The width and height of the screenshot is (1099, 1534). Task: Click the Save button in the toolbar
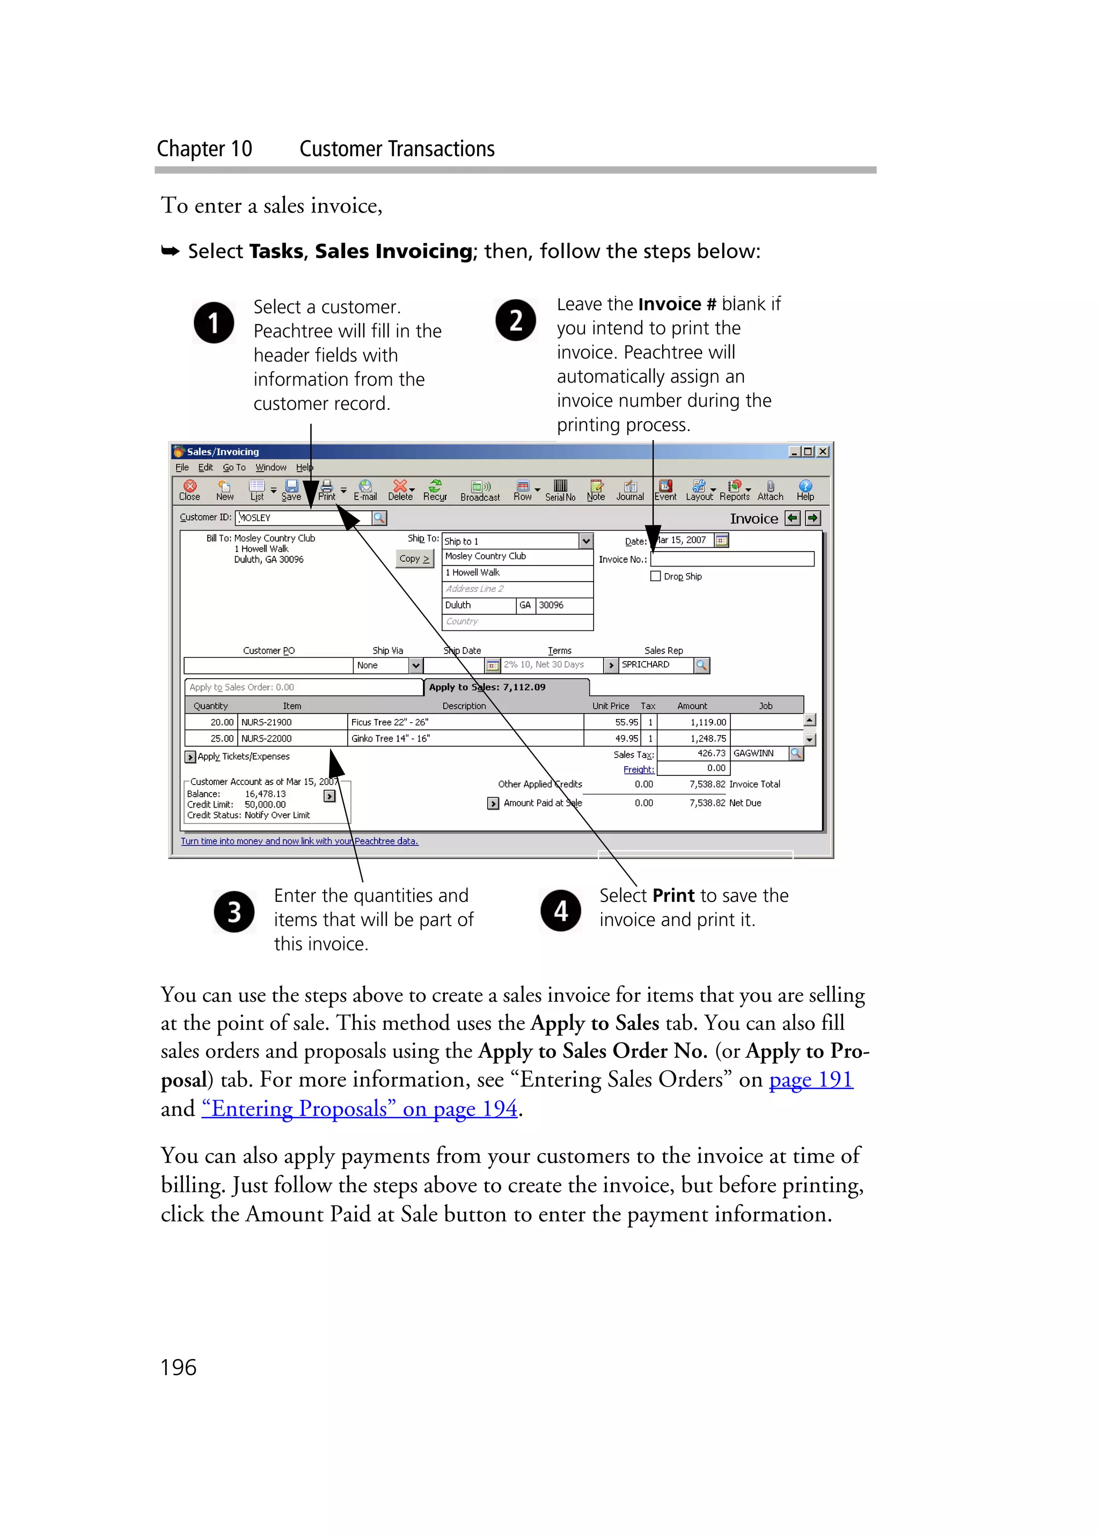click(291, 490)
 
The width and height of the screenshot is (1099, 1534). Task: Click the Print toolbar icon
click(327, 490)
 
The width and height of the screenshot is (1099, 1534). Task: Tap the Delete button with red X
click(400, 490)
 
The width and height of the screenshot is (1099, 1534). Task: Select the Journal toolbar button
click(629, 490)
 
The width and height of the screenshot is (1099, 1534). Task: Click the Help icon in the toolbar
click(805, 490)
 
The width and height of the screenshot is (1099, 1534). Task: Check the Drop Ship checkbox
click(655, 576)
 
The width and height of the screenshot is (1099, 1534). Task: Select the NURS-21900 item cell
click(292, 722)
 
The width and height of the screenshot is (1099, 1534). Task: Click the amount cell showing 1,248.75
click(694, 739)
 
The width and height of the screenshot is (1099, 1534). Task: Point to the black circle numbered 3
click(234, 912)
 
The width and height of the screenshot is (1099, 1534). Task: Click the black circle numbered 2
click(515, 321)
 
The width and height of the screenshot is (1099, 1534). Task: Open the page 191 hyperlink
click(811, 1080)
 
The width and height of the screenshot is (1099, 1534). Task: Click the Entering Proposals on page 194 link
click(359, 1109)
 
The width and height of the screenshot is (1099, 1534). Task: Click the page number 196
click(179, 1368)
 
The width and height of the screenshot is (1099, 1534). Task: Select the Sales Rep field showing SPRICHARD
click(656, 665)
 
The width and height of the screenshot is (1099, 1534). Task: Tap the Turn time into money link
click(299, 841)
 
